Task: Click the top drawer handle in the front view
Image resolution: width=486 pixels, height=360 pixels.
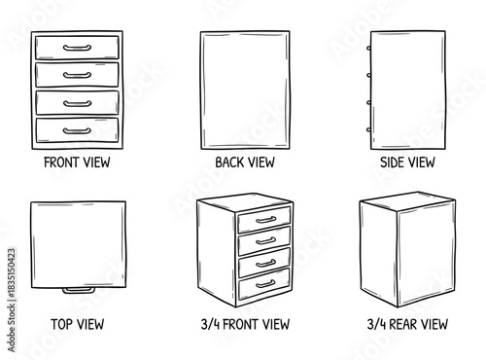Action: [77, 47]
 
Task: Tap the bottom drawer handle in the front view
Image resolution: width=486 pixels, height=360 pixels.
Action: [77, 129]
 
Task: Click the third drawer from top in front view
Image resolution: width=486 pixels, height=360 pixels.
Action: [77, 102]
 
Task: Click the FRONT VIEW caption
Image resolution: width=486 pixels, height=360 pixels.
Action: [77, 162]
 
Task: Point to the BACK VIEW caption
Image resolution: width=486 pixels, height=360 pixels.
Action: [245, 162]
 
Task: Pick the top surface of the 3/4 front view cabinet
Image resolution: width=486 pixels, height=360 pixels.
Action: [243, 202]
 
